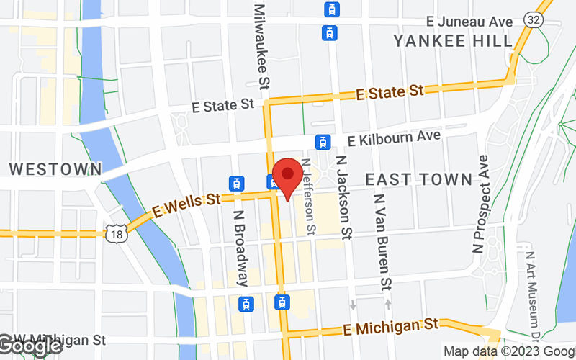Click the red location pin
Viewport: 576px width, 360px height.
pos(289,175)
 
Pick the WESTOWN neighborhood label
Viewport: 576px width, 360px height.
pos(55,169)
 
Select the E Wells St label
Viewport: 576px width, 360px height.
pos(184,207)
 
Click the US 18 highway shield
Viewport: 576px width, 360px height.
pos(116,232)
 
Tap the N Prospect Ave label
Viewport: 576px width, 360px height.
pos(480,204)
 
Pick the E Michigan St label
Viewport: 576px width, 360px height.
pos(390,326)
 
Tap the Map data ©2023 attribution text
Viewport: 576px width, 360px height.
pos(508,352)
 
